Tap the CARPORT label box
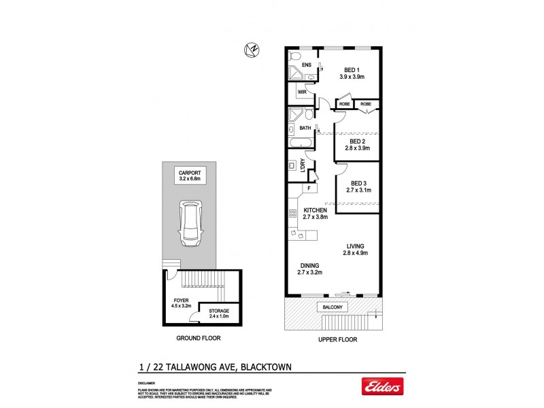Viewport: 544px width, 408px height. [190, 175]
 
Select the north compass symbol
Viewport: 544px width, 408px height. [251, 49]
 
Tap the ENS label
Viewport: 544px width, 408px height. [307, 65]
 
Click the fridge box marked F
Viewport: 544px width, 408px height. [309, 188]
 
